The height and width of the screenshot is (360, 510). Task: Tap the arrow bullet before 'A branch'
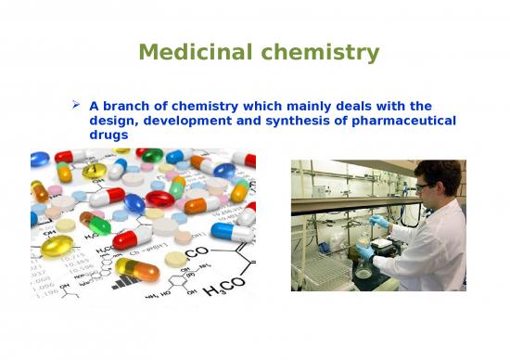click(77, 107)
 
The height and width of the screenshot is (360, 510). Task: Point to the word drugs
click(108, 136)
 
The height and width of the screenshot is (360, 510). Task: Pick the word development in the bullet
click(186, 122)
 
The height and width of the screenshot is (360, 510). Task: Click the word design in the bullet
click(113, 122)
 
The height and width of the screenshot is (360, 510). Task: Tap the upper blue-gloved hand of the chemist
click(379, 222)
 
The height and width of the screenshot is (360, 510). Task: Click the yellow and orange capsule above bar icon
click(136, 269)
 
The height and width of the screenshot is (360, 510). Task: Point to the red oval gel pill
click(160, 199)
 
